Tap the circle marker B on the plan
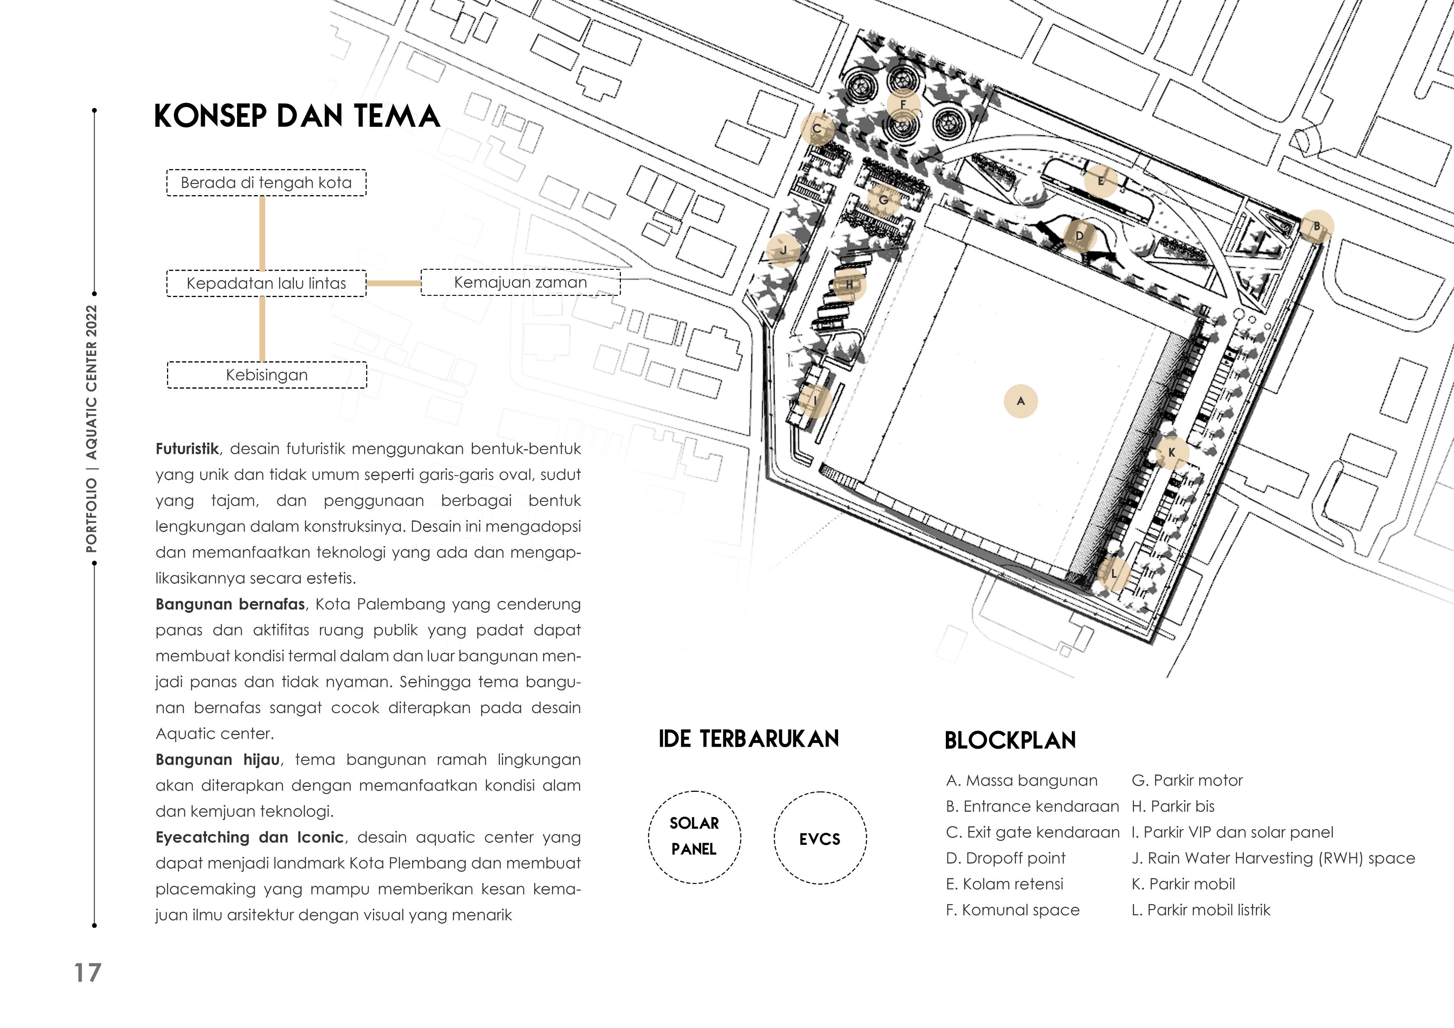(x=1316, y=226)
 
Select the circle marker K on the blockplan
(x=1172, y=452)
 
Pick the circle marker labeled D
(x=1080, y=237)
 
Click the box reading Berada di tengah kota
(x=266, y=183)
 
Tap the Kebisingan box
(x=267, y=375)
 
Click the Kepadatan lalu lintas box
(x=266, y=283)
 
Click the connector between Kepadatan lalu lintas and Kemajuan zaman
(x=393, y=283)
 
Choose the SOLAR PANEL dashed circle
(x=694, y=836)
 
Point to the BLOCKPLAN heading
(x=1010, y=740)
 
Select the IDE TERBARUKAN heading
(x=749, y=739)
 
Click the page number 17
(x=87, y=973)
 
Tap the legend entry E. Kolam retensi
(x=1004, y=884)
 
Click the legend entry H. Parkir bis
(x=1173, y=806)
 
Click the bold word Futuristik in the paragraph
(x=187, y=449)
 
